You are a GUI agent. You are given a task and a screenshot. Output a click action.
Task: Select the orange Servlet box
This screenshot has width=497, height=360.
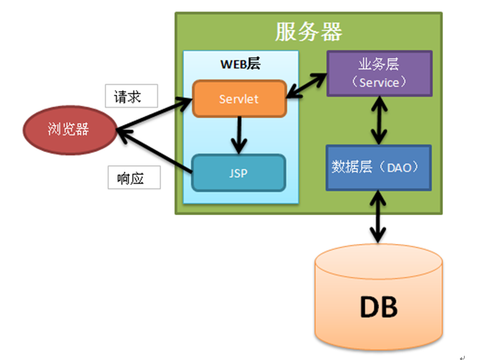click(x=239, y=99)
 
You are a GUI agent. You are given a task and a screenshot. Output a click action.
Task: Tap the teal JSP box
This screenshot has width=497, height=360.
click(x=239, y=172)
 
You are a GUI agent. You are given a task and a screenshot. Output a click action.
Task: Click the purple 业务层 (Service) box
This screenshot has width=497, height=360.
click(x=379, y=73)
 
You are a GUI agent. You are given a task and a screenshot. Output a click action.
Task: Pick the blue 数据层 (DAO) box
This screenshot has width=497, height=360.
click(x=379, y=167)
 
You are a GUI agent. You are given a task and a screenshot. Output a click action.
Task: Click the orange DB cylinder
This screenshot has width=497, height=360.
click(x=379, y=299)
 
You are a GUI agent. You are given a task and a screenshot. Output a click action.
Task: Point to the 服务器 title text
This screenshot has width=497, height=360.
click(x=309, y=32)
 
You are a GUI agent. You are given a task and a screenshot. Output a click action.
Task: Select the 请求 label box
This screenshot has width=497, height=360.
click(x=131, y=96)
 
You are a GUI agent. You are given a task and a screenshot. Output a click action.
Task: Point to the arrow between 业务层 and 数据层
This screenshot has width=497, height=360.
click(x=380, y=120)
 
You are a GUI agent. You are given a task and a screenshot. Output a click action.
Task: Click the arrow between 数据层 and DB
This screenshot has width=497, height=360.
click(x=380, y=217)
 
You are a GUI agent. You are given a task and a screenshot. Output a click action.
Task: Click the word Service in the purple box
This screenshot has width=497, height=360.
click(x=379, y=82)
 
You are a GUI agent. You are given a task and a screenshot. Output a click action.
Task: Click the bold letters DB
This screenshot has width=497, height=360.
click(x=379, y=307)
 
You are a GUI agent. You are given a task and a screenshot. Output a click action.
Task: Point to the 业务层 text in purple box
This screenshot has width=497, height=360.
click(x=379, y=65)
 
